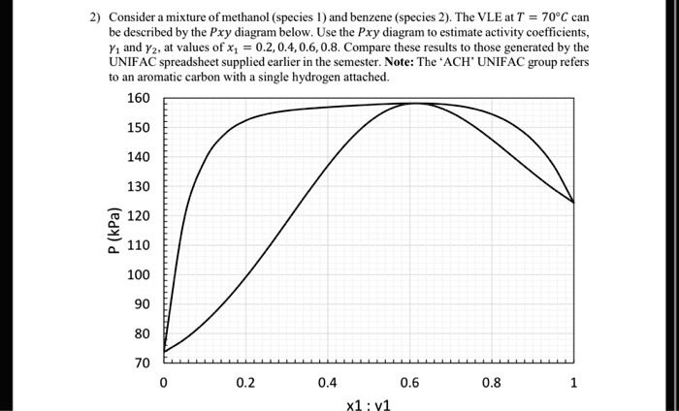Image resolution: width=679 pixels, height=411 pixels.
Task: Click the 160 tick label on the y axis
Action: tap(140, 98)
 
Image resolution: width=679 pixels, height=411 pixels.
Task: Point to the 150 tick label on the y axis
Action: tap(140, 127)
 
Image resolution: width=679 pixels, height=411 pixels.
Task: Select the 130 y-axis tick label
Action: tap(140, 186)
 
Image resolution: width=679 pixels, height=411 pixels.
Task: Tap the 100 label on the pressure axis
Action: tap(140, 274)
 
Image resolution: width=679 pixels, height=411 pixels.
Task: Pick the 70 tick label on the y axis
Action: tap(144, 363)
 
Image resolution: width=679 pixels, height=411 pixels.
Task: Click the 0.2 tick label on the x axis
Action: tap(245, 382)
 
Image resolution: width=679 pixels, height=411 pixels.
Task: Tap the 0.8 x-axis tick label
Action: tap(492, 382)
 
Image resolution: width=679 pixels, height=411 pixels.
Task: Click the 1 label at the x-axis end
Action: tap(574, 382)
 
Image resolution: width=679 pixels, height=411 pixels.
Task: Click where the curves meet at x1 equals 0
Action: tap(164, 351)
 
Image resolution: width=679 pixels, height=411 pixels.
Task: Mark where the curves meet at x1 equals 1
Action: tap(574, 202)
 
